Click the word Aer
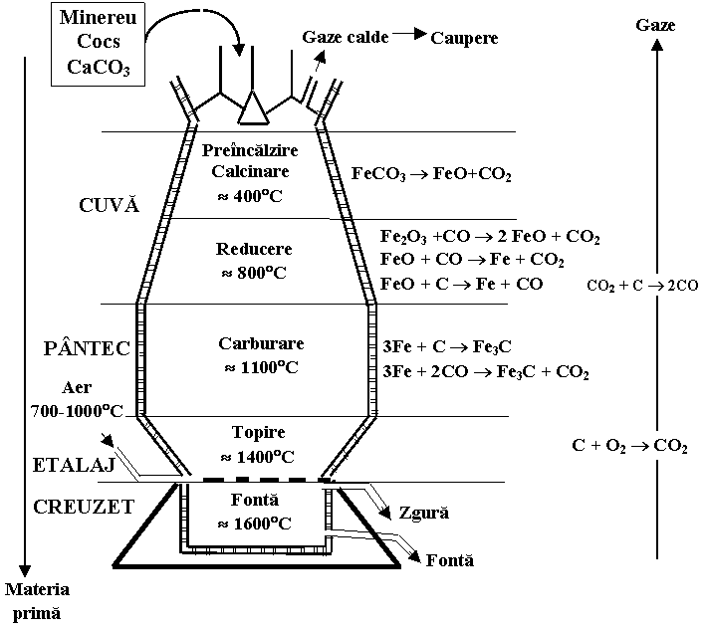point(77,388)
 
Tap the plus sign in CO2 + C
point(623,286)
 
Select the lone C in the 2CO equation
point(637,286)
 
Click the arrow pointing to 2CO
point(655,286)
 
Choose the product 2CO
point(683,286)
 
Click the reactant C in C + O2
point(578,446)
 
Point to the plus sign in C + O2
point(593,446)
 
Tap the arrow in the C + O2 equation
point(638,446)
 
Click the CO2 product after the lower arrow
point(670,447)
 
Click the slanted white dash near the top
point(304,104)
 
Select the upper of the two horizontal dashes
point(332,486)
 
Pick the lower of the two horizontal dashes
point(332,533)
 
